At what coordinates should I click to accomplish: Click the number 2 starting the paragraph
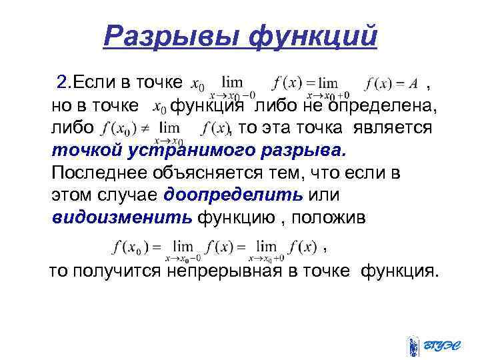(x=62, y=83)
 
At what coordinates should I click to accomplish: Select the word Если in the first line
(x=95, y=83)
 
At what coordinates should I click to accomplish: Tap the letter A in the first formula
(x=413, y=84)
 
